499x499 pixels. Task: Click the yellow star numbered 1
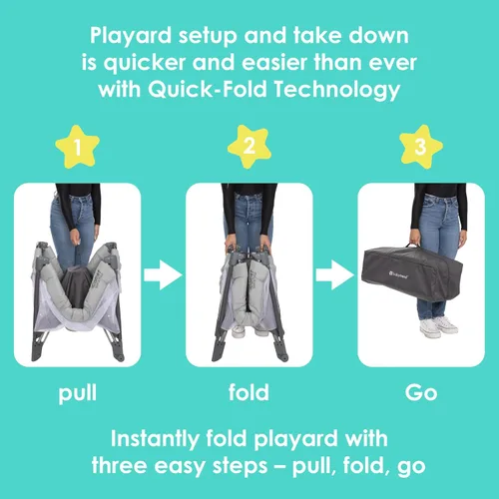click(x=78, y=147)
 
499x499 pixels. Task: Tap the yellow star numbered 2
click(x=249, y=147)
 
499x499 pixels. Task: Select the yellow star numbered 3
click(x=421, y=147)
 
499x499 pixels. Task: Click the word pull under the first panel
click(x=78, y=393)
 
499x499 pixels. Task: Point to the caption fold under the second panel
click(x=249, y=392)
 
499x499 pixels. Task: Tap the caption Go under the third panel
click(x=421, y=392)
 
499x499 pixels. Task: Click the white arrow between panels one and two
click(x=163, y=275)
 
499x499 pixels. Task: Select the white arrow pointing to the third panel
click(x=335, y=275)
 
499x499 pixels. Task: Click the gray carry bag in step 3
click(x=412, y=272)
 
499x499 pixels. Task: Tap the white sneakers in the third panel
click(x=438, y=327)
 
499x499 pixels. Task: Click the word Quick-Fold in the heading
click(x=208, y=89)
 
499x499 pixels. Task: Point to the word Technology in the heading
click(x=337, y=90)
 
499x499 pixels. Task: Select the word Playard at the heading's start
click(x=131, y=36)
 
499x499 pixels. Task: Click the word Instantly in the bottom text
click(x=155, y=439)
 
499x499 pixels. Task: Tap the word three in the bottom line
click(x=119, y=465)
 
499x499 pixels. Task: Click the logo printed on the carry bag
click(x=398, y=274)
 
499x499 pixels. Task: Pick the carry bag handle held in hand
click(x=412, y=246)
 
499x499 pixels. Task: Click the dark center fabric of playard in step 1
click(x=76, y=286)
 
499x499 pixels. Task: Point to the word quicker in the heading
click(x=144, y=63)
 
